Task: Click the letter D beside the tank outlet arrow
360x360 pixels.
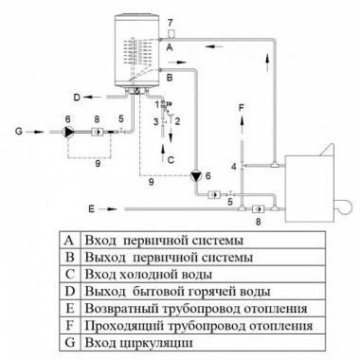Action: tap(77, 98)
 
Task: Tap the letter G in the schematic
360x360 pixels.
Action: tap(19, 131)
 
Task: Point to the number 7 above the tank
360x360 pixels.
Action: tap(171, 23)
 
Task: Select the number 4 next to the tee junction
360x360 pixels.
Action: tap(233, 167)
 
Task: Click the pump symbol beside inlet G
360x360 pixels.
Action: tap(68, 132)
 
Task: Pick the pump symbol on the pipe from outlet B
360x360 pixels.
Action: tap(197, 176)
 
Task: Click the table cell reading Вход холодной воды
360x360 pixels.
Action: tap(149, 274)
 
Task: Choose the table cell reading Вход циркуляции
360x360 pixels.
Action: tap(138, 342)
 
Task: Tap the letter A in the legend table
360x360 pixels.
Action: tap(69, 241)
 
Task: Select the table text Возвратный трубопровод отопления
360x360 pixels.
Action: tap(196, 308)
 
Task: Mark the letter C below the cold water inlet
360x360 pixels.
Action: tap(171, 160)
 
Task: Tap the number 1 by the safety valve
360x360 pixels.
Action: tap(157, 103)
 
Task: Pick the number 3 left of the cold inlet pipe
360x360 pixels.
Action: tap(155, 121)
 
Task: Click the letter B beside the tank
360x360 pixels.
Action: tap(170, 78)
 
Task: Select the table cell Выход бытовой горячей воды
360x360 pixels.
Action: tap(177, 291)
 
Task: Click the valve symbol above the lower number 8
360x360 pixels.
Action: tap(258, 208)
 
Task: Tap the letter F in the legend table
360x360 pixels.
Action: tap(69, 325)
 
